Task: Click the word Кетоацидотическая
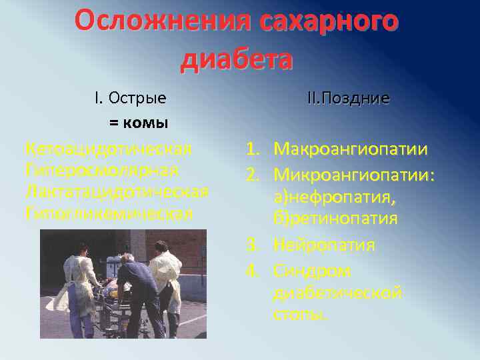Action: point(108,148)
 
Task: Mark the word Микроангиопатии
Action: point(353,175)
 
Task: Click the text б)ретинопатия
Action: point(335,219)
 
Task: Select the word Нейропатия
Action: point(324,245)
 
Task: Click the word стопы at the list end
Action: point(301,315)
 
